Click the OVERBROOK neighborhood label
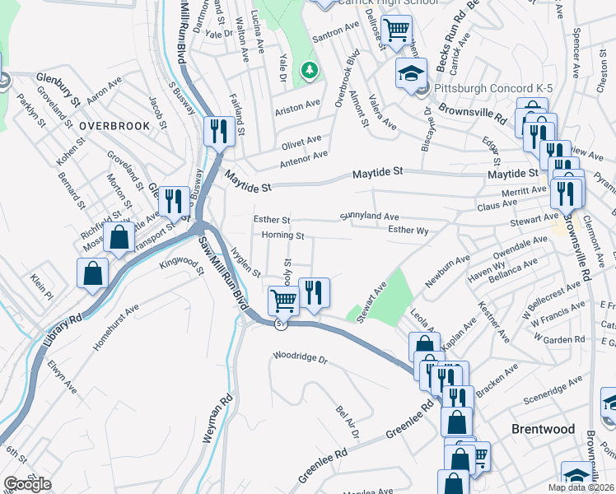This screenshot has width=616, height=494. tap(114, 126)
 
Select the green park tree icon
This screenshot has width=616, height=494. tap(310, 72)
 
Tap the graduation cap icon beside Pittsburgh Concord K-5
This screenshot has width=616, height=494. tap(411, 73)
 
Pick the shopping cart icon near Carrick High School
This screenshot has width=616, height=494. tap(397, 30)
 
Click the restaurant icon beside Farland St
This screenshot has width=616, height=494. tap(218, 130)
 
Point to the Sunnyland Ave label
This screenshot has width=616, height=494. tap(370, 217)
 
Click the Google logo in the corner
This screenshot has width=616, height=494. tap(28, 483)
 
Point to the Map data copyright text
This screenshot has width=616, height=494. tap(581, 487)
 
